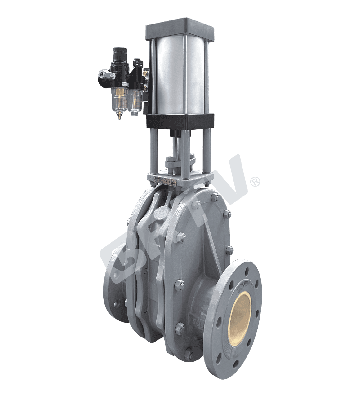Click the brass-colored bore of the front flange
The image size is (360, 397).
[x=241, y=313]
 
